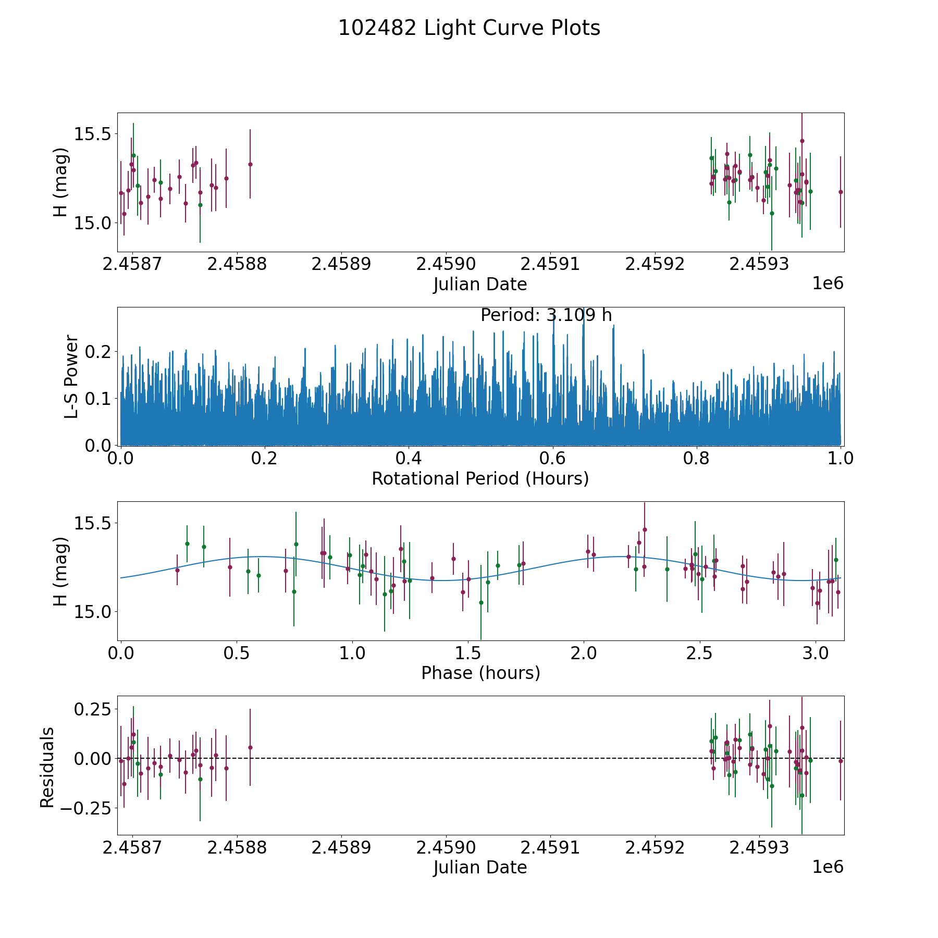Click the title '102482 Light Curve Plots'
tap(469, 28)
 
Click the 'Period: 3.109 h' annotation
tap(546, 315)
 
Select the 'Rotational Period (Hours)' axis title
tap(480, 478)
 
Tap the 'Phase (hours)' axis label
tap(480, 673)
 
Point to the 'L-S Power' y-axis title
tap(71, 376)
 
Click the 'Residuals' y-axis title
tap(47, 768)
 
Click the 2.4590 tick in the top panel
tap(446, 264)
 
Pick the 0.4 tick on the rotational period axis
tap(409, 459)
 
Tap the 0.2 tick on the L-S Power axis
tap(97, 352)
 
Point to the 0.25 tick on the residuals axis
tap(93, 710)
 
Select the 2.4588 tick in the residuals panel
tap(237, 848)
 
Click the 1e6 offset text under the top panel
tap(828, 283)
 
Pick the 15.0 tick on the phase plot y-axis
tap(93, 612)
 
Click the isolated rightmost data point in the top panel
tap(840, 192)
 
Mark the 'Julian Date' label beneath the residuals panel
tap(480, 867)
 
